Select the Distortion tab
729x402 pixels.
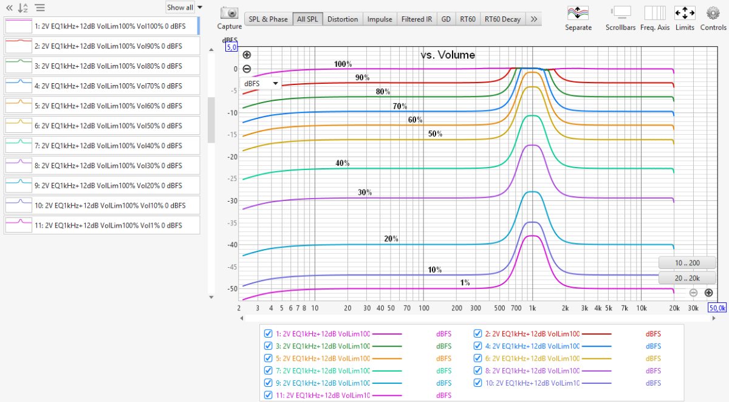342,19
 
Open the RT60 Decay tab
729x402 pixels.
502,19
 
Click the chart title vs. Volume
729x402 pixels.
448,55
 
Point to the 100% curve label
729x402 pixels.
343,64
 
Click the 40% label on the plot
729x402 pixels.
343,163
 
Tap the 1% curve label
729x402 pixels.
465,283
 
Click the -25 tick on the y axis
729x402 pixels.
233,179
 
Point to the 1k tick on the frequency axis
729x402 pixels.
532,308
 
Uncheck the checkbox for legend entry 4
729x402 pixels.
477,346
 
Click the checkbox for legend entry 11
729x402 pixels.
268,395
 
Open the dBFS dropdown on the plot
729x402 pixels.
261,83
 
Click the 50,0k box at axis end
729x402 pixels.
717,308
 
